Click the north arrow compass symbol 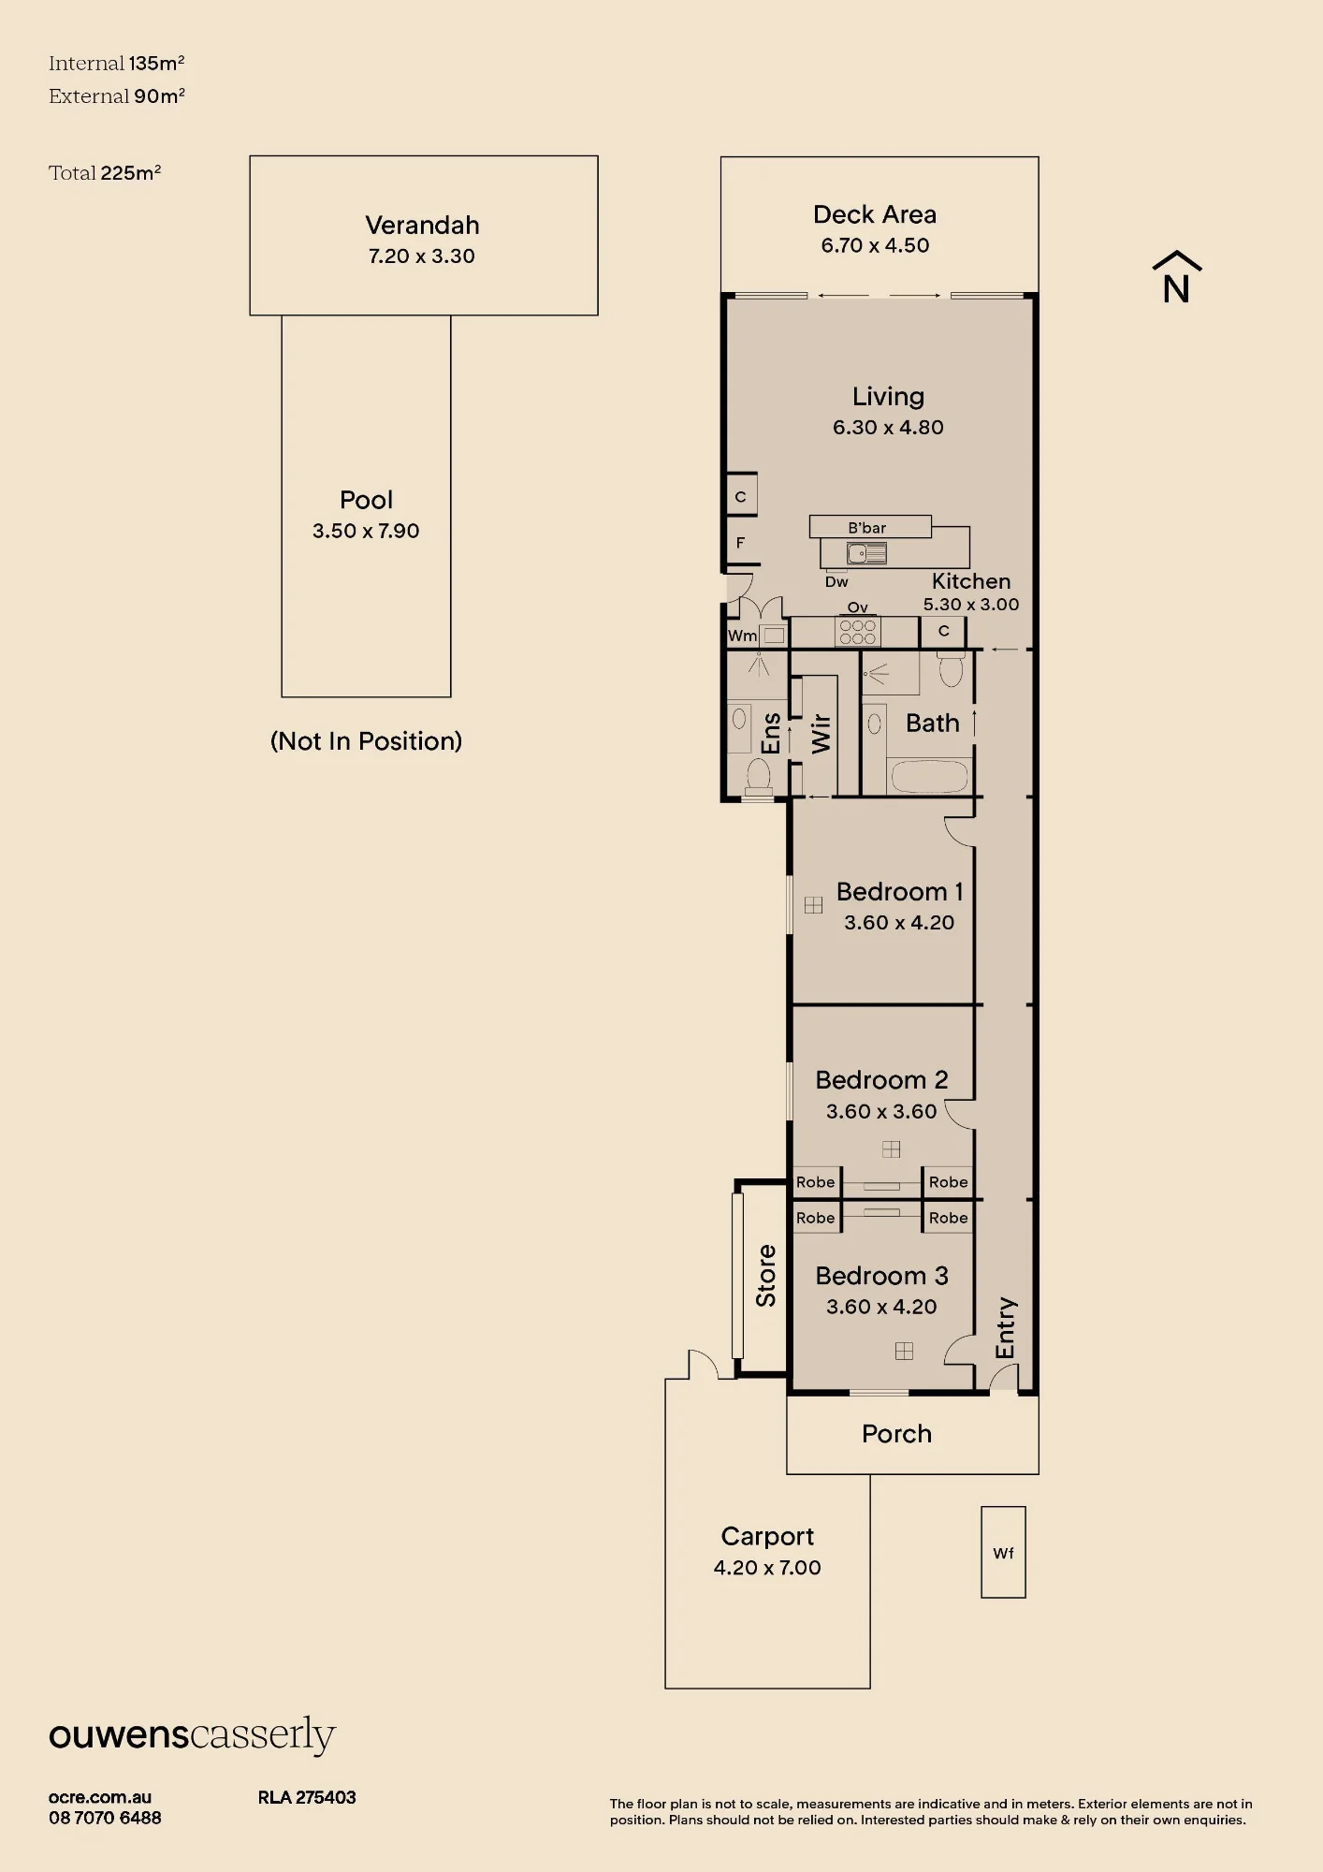[x=1176, y=277]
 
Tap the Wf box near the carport [x=1003, y=1552]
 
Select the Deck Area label [x=875, y=214]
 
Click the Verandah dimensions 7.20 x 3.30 [x=422, y=256]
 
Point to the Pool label [x=366, y=500]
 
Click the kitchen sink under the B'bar [x=866, y=553]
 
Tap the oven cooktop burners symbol [x=858, y=632]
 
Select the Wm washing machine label [x=742, y=636]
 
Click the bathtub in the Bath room [x=929, y=777]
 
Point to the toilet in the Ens [x=758, y=775]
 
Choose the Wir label [x=821, y=734]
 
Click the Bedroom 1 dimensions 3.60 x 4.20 [x=899, y=922]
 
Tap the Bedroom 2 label [x=881, y=1080]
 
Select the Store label [x=766, y=1276]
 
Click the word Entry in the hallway [x=1005, y=1327]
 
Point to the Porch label [x=896, y=1434]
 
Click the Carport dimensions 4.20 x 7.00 [x=767, y=1567]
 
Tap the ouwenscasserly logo [x=192, y=1736]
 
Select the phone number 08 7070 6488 [x=105, y=1818]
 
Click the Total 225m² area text [x=105, y=172]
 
